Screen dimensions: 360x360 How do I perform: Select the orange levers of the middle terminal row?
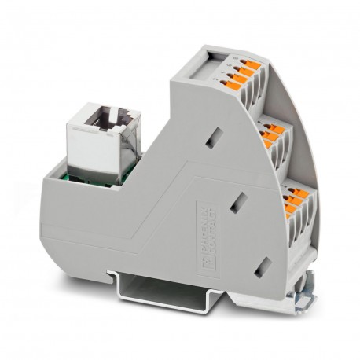coord(272,136)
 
